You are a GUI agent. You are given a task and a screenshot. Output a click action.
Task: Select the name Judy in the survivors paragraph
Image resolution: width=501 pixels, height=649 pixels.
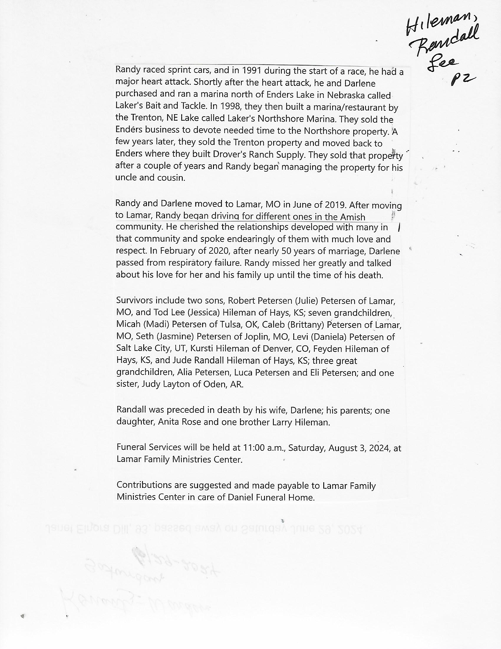[x=150, y=384]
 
